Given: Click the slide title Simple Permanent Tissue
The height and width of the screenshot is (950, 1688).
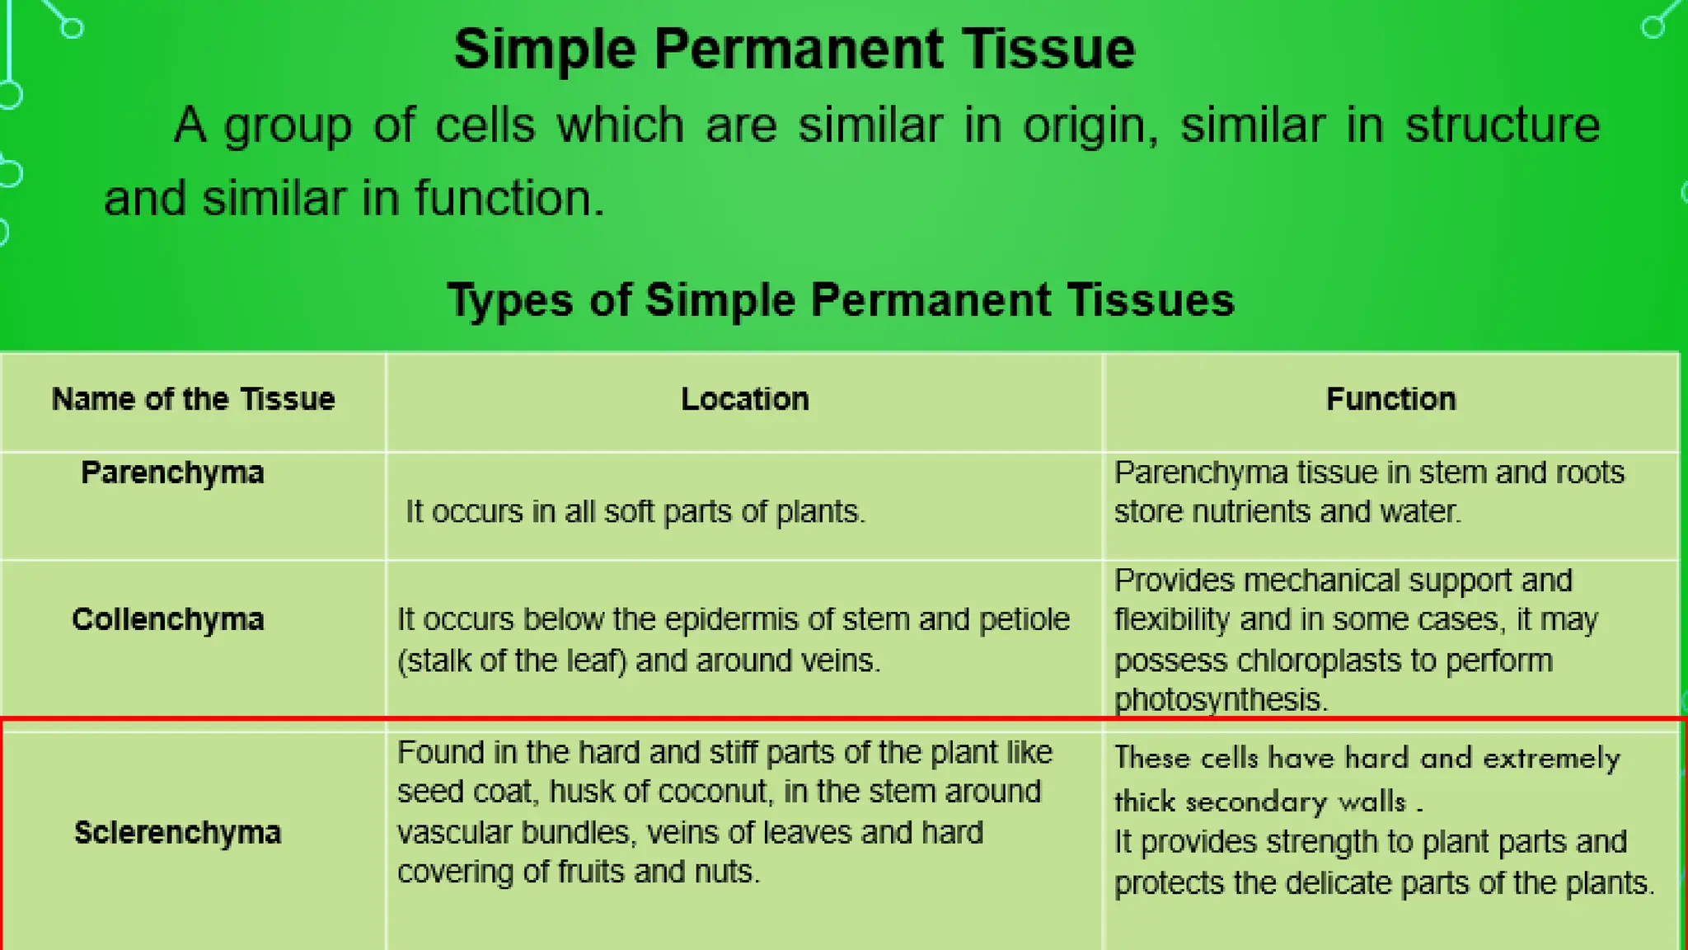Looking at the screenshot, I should coord(794,49).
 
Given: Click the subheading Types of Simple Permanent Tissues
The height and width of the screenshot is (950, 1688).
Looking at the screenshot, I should coord(840,300).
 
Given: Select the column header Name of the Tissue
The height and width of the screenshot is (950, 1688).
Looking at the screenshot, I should coord(193,400).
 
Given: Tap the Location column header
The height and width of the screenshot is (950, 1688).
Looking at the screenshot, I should coord(744,400).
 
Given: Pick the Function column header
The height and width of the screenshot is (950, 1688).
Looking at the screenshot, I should coord(1390,400).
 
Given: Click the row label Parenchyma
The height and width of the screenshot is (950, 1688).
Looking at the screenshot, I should coord(172,473).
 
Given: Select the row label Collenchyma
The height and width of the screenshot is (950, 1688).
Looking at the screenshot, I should coord(168,619).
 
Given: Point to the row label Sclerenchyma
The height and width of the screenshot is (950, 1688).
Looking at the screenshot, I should coord(177,833).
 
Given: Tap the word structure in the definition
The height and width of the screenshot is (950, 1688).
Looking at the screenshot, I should coord(1502,125).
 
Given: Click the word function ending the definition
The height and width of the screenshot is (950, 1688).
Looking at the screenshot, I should coord(509,199).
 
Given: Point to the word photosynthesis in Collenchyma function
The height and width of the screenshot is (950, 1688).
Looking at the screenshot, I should coord(1220,700).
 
